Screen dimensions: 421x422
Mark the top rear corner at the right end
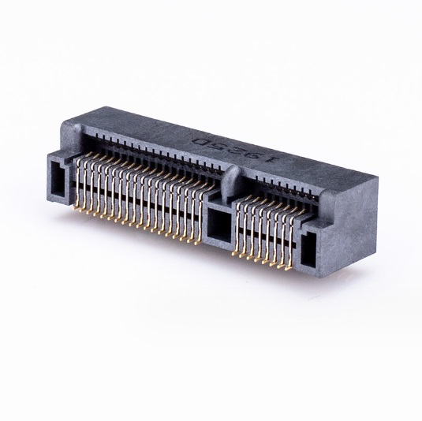(377, 179)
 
